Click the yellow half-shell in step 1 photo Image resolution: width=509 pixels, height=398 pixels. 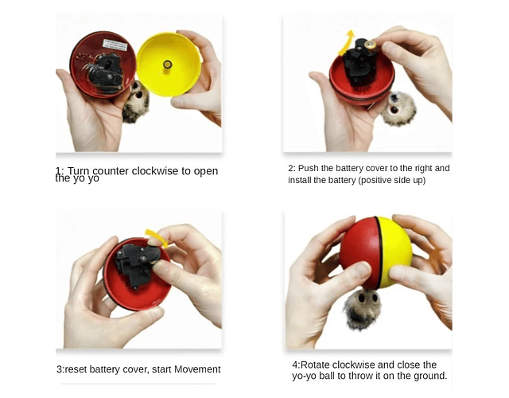pyautogui.click(x=169, y=64)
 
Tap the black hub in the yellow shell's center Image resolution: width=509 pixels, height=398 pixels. pyautogui.click(x=167, y=64)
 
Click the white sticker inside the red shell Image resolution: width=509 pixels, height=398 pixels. pyautogui.click(x=115, y=45)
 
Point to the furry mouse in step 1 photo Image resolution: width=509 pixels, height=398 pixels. pyautogui.click(x=136, y=102)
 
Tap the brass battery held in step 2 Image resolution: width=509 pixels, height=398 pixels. pyautogui.click(x=370, y=45)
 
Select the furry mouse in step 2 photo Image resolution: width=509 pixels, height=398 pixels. pyautogui.click(x=398, y=108)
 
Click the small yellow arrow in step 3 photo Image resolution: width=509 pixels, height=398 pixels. pyautogui.click(x=157, y=237)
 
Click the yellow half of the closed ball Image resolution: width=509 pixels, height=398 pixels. pyautogui.click(x=395, y=252)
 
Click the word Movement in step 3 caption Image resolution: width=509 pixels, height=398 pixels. pyautogui.click(x=197, y=369)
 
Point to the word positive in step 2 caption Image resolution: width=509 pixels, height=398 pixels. pyautogui.click(x=374, y=181)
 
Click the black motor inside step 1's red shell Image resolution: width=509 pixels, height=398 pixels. pyautogui.click(x=104, y=72)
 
